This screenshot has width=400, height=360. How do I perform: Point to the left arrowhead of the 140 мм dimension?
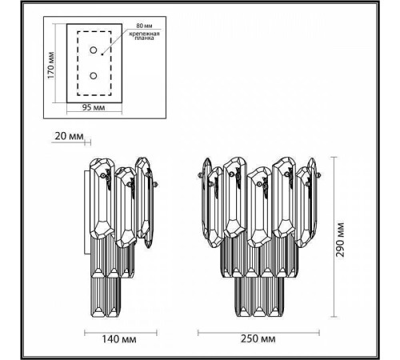[x=86, y=330]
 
